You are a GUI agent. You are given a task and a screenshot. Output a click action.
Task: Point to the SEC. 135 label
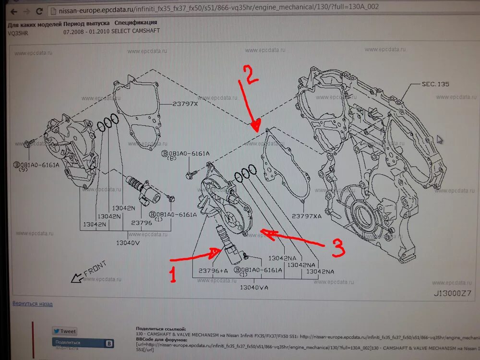pos(435,84)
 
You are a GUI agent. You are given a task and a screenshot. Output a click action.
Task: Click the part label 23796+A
pos(214,271)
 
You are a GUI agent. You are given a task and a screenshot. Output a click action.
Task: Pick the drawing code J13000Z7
pos(453,292)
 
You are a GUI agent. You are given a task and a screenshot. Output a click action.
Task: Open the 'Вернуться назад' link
pos(33,304)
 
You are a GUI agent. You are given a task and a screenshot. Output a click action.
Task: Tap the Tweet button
pos(65,331)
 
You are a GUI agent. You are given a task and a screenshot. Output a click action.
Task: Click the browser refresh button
pos(39,11)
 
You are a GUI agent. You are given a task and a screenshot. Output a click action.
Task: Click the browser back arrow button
pos(13,11)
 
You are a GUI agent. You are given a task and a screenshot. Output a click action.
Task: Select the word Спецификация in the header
pos(135,23)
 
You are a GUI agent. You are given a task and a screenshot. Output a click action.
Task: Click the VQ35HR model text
pos(18,32)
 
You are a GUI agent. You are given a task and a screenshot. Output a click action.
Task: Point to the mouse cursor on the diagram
pos(440,139)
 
